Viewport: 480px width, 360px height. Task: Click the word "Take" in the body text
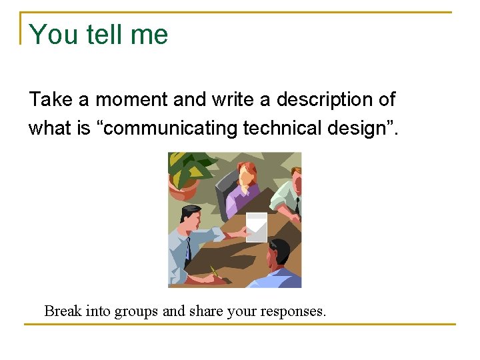tap(51, 100)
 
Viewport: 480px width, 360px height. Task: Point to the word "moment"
tap(132, 100)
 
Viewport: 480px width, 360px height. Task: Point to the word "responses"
tap(293, 311)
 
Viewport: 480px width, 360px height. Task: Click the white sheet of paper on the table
tap(257, 227)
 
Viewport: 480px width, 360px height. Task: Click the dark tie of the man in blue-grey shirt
tap(189, 249)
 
